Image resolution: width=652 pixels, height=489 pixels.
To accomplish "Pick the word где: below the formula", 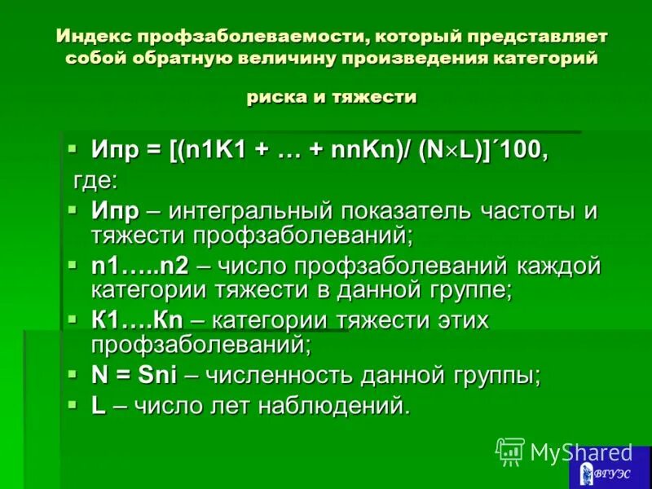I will tap(95, 179).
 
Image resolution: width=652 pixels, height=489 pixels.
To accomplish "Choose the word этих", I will tap(458, 319).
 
